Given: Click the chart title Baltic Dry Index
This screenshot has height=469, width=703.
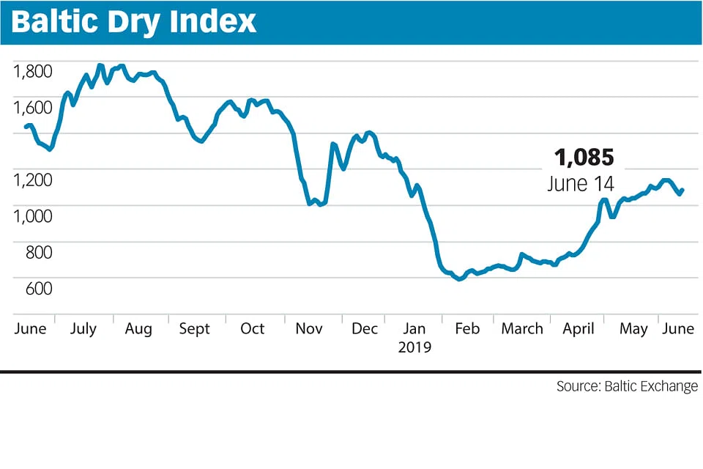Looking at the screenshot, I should [x=134, y=21].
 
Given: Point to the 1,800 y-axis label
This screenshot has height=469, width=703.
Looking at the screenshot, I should [x=33, y=71].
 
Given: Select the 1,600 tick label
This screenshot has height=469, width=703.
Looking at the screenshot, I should [x=33, y=107].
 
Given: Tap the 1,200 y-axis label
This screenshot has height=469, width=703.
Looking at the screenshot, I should [x=33, y=180].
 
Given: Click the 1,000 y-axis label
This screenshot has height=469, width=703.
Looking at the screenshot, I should [x=33, y=215].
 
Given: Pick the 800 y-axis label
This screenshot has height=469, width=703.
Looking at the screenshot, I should [x=39, y=251].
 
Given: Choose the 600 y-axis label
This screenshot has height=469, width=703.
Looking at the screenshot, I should [x=39, y=287].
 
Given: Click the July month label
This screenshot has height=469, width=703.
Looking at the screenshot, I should [x=83, y=328].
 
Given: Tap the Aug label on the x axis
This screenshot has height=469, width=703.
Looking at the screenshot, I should [x=138, y=328].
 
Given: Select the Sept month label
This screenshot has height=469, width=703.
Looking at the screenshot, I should [x=195, y=328].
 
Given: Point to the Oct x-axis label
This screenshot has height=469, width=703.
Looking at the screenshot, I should [x=253, y=328].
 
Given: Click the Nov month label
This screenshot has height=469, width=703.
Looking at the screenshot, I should [x=308, y=328].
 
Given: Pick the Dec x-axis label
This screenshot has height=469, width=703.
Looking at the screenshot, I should [x=365, y=328].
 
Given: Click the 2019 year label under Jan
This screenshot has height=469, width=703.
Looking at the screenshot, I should [x=415, y=347].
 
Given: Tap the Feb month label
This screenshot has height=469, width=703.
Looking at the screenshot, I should [x=467, y=328].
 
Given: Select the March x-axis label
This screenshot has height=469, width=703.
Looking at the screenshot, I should [x=522, y=328].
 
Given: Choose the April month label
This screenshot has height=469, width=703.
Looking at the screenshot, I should [x=579, y=328].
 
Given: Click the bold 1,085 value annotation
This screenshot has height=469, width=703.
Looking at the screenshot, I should [x=584, y=158].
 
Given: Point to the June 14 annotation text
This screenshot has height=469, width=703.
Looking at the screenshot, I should [x=581, y=182].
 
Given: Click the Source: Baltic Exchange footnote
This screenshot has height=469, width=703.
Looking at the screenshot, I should [x=627, y=386].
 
